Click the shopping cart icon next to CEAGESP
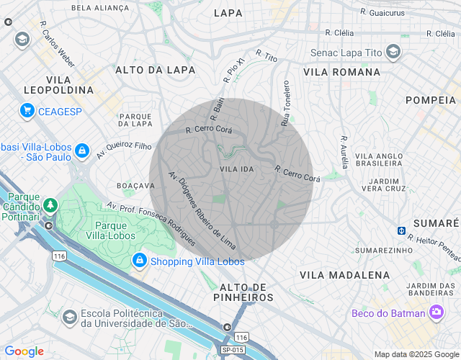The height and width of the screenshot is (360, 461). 27,110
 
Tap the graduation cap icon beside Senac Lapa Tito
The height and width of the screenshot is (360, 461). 393,52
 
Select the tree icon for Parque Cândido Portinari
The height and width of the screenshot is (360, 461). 50,205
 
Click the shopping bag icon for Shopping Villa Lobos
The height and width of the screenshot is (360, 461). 140,261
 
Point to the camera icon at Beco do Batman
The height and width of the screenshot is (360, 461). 436,312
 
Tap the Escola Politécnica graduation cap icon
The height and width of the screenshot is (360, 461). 70,318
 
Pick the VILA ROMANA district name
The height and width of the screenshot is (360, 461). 341,72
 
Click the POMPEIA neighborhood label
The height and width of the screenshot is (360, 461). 432,99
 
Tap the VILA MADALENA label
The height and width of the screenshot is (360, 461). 345,275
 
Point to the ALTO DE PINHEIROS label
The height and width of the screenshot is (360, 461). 243,292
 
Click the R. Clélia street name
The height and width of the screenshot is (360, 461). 339,32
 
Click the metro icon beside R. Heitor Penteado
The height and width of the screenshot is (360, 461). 401,230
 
